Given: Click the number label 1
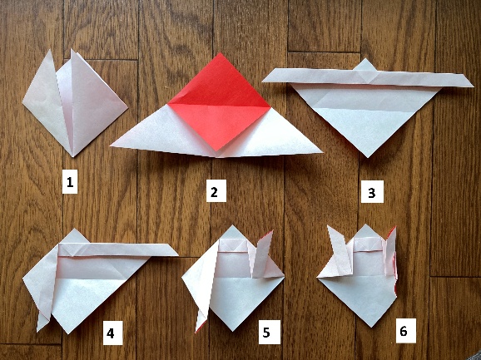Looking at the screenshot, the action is point(70,183).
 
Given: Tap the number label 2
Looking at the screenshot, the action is point(216,191).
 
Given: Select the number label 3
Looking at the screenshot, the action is point(372,192).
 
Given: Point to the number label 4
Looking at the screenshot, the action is point(112,333).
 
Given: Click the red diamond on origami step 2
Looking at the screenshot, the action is point(219,102).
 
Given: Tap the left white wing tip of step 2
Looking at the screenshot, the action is point(111,146).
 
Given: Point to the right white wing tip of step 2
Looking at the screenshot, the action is point(321,151).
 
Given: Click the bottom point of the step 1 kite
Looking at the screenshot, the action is point(73,156).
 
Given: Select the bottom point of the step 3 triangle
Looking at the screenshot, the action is point(368,156).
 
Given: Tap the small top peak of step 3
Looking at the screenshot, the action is point(364,59).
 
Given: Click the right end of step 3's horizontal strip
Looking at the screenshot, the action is point(473,86).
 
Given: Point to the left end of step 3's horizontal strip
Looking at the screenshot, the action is point(263,81).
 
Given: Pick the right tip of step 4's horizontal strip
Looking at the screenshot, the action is point(177,254).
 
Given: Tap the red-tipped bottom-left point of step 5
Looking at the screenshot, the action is point(196,331).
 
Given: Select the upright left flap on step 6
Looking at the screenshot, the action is point(340,250).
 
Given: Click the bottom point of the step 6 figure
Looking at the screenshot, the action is point(372,326).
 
